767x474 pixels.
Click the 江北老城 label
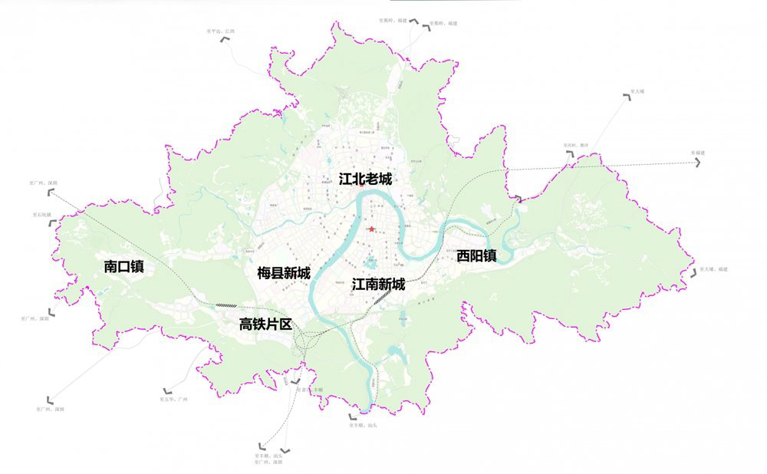(366, 179)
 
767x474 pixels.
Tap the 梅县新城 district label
(284, 274)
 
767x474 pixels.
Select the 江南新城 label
(378, 285)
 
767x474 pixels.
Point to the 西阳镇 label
(476, 256)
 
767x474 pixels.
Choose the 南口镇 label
(124, 267)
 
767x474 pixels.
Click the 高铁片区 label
(266, 324)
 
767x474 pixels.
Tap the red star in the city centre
(372, 229)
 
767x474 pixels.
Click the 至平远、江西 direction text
(221, 31)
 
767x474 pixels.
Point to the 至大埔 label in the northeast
(637, 91)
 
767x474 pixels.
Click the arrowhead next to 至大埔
(628, 97)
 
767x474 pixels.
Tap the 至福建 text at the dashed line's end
(698, 153)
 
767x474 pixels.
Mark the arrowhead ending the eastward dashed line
(698, 163)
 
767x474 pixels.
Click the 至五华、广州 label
(173, 400)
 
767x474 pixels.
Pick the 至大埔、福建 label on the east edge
(713, 269)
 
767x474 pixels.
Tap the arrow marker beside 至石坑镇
(52, 222)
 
